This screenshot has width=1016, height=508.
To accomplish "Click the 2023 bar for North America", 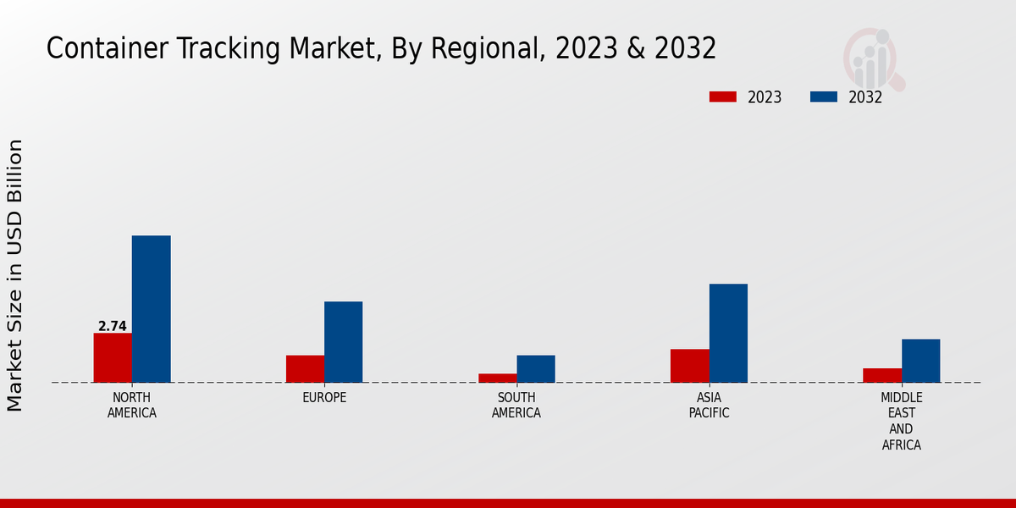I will click(x=113, y=357).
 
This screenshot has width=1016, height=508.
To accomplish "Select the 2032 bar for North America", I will click(x=152, y=309).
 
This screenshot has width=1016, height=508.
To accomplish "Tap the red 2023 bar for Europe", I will click(x=305, y=368).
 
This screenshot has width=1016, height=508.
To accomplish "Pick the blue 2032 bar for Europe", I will click(x=344, y=342).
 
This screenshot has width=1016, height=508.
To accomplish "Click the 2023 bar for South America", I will click(x=497, y=378).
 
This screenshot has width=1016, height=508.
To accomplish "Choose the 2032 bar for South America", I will click(x=536, y=368).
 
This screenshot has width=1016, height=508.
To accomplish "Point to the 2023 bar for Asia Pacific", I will click(x=689, y=366).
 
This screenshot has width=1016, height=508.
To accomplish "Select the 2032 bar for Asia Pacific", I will click(x=728, y=333).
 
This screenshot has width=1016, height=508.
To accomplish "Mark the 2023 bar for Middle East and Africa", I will click(x=881, y=375).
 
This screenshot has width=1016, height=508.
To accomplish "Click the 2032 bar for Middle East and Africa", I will click(x=920, y=361).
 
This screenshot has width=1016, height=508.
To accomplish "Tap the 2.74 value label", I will click(x=113, y=326).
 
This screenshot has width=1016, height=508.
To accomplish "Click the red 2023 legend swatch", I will click(x=723, y=97).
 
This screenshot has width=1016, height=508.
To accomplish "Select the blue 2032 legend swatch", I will click(x=824, y=97).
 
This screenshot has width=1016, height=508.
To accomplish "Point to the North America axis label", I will click(x=132, y=406).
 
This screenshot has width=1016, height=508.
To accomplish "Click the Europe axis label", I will click(x=324, y=398).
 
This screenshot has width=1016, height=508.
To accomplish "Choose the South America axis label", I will click(x=516, y=406).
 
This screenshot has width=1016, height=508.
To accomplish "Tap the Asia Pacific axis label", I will click(x=709, y=406).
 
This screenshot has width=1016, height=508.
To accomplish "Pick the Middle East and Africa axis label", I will click(x=901, y=421).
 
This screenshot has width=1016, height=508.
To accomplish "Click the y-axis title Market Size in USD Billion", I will click(x=15, y=275).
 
